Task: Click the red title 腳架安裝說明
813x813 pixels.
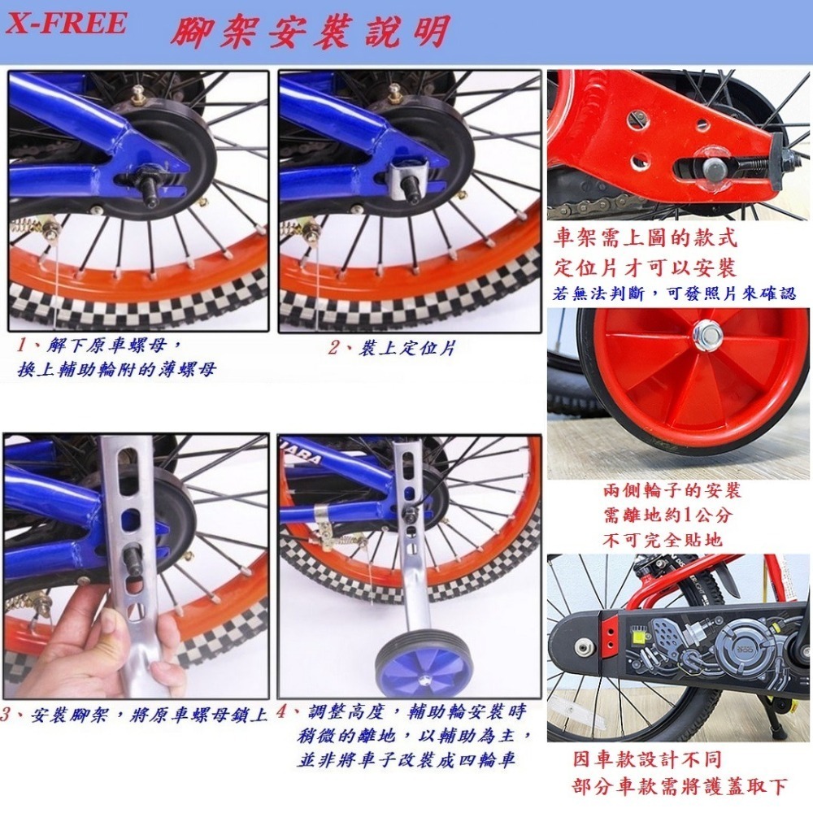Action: (x=309, y=33)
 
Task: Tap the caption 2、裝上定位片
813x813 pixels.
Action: (x=391, y=348)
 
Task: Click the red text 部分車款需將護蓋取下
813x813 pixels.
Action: (x=680, y=787)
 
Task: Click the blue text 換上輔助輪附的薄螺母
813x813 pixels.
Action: (x=117, y=371)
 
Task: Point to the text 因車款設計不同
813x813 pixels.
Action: (x=646, y=761)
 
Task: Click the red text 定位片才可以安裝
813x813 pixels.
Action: (x=645, y=267)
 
